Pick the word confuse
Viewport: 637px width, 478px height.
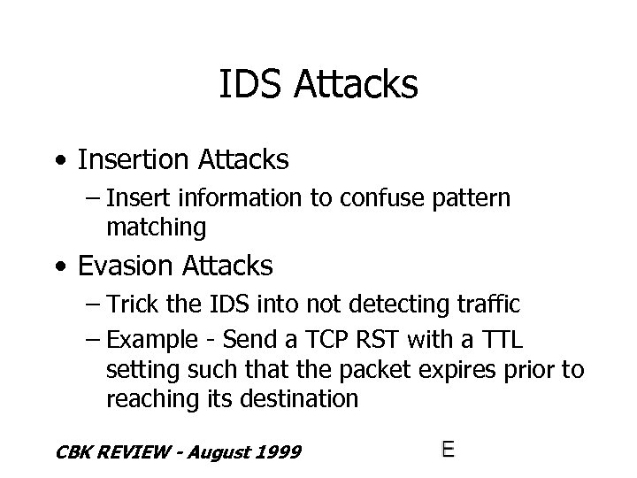(391, 198)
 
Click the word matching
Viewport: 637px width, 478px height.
(156, 228)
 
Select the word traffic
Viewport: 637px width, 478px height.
(487, 305)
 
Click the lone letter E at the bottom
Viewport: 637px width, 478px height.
(448, 450)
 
